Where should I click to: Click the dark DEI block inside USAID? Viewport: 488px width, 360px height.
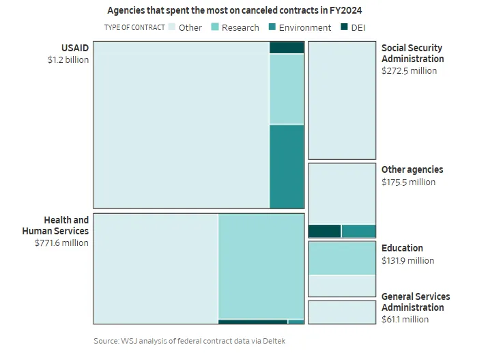pyautogui.click(x=287, y=48)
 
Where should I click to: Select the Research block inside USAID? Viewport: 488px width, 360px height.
pyautogui.click(x=287, y=89)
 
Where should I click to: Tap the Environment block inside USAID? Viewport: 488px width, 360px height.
pyautogui.click(x=287, y=166)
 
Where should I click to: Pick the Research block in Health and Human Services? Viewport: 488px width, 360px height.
pyautogui.click(x=261, y=266)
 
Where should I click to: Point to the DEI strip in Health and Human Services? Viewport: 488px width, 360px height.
pyautogui.click(x=253, y=321)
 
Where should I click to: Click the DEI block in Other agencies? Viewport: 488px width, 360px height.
pyautogui.click(x=325, y=231)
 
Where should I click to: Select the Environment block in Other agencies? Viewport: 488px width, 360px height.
pyautogui.click(x=358, y=231)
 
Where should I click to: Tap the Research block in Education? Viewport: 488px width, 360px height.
pyautogui.click(x=342, y=258)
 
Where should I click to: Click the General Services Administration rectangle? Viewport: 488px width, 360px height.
pyautogui.click(x=342, y=312)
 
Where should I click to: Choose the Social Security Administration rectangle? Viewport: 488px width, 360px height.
pyautogui.click(x=342, y=100)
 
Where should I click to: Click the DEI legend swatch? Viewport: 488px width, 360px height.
pyautogui.click(x=344, y=27)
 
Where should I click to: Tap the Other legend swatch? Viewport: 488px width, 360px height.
pyautogui.click(x=172, y=27)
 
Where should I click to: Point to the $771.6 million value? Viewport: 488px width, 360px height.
pyautogui.click(x=61, y=243)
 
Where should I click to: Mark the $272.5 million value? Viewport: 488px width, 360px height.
pyautogui.click(x=409, y=70)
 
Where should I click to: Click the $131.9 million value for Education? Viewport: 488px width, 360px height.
pyautogui.click(x=407, y=260)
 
